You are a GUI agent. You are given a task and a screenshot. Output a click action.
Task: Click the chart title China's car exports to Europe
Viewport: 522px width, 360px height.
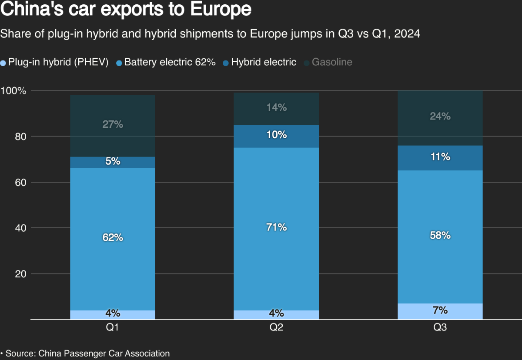click(x=126, y=10)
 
